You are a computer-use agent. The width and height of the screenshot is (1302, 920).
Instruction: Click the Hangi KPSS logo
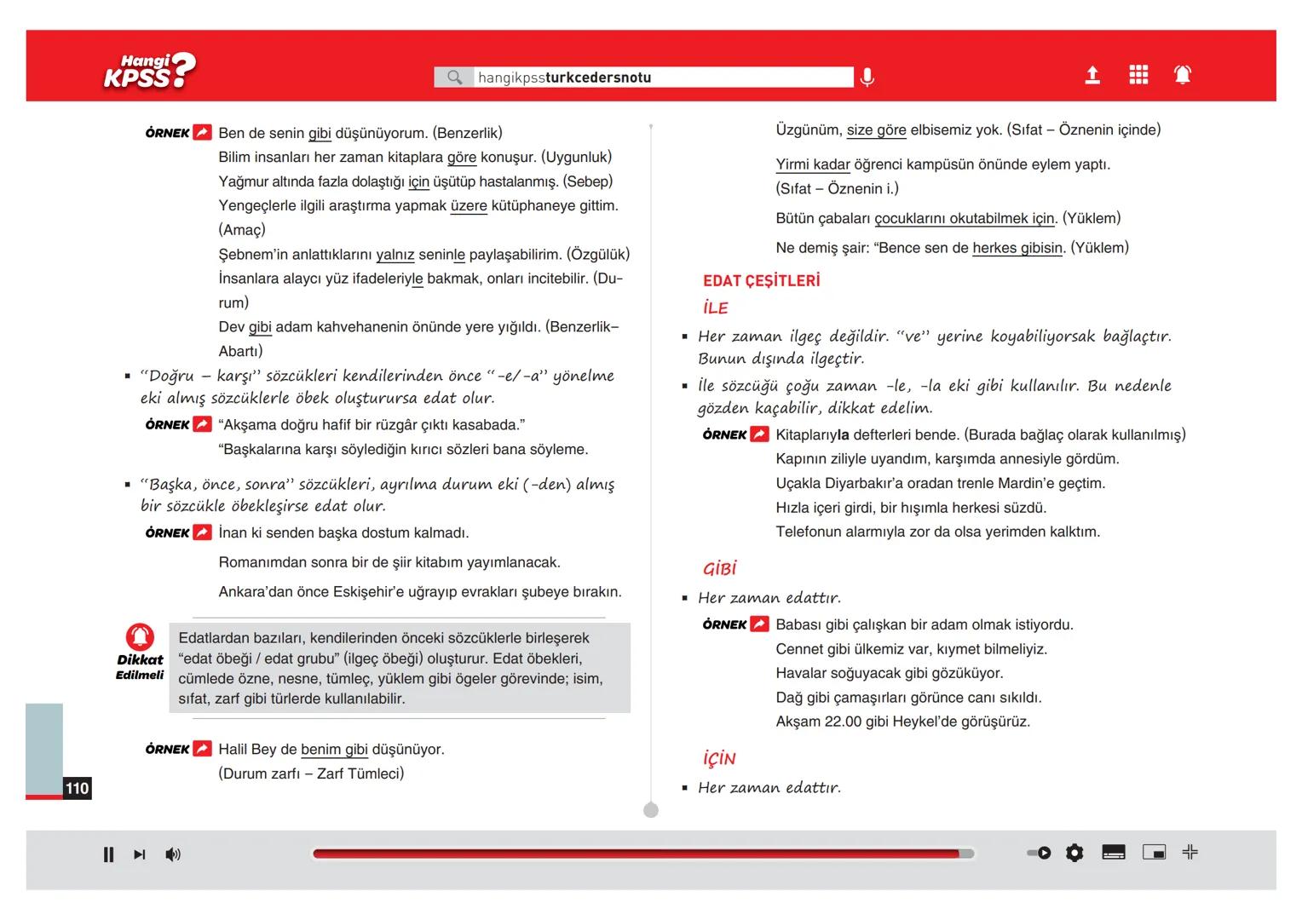pos(149,72)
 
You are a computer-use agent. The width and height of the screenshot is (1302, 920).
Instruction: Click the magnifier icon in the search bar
pos(455,78)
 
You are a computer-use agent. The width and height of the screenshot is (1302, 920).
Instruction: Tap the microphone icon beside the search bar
pos(867,78)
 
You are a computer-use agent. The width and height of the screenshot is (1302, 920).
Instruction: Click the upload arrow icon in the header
pos(1092,76)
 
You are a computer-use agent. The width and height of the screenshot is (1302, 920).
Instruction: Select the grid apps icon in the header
pos(1138,75)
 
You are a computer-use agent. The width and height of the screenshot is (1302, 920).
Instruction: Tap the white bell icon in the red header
pos(1183,75)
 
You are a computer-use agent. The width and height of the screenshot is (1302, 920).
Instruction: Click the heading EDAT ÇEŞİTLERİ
pos(761,281)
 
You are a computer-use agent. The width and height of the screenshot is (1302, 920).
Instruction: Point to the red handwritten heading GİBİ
pos(719,568)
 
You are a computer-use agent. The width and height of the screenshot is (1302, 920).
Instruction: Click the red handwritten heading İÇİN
pos(719,758)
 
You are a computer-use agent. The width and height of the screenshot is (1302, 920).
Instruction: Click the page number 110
pos(77,788)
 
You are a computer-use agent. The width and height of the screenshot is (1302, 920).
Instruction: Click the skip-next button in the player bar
pos(140,854)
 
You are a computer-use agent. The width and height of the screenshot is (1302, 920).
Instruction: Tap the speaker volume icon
pos(173,854)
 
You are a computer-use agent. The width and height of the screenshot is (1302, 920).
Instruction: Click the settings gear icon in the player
pos(1074,853)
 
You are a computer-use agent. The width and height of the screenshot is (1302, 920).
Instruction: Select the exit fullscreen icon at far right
pos(1190,852)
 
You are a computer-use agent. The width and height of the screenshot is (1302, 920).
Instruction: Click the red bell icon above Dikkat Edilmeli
pos(140,637)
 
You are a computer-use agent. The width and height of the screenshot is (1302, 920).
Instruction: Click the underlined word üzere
pos(469,206)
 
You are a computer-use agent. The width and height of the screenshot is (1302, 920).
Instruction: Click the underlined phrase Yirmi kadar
pos(813,164)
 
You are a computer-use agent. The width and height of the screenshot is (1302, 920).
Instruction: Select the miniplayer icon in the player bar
pos(1154,853)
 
